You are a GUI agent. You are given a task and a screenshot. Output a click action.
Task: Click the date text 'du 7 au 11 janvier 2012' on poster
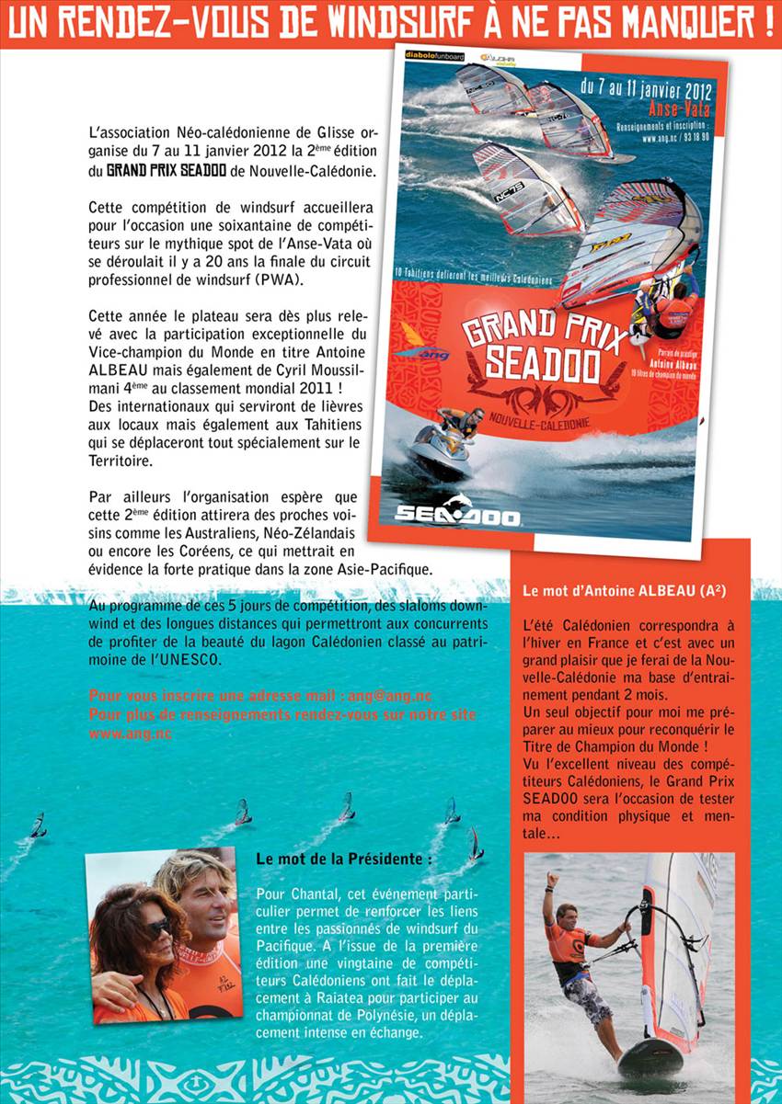pos(647,90)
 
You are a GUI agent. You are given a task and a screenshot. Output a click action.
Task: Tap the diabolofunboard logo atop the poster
pos(434,56)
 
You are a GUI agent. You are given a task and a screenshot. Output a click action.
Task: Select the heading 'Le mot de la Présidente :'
pos(343,859)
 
